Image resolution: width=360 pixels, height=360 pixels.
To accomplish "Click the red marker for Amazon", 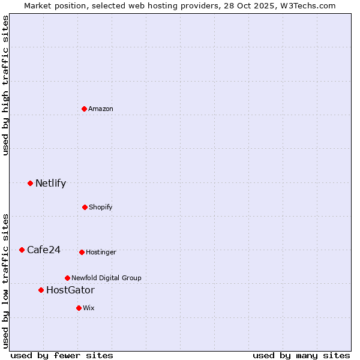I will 85,109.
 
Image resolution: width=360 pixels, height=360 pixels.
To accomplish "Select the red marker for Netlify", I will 30,183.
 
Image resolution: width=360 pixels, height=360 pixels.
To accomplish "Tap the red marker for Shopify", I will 85,207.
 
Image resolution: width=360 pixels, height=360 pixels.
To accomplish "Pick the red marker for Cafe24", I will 22,250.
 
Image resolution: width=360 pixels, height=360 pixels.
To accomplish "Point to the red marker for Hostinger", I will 82,252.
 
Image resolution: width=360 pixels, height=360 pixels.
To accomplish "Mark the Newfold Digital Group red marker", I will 67,278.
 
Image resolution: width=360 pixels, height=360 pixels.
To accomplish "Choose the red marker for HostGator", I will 41,290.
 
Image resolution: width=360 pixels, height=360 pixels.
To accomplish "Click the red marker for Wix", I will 79,308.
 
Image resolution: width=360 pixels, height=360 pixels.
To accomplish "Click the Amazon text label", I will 101,109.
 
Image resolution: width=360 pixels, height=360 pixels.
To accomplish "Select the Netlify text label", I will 50,184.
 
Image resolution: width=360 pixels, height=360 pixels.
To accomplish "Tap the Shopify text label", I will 101,207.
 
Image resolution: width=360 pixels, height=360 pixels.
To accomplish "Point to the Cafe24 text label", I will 44,250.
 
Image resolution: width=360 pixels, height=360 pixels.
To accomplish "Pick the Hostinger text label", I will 101,252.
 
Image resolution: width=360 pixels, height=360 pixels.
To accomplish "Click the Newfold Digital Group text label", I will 107,278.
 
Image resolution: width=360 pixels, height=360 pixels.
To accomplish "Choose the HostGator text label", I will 70,290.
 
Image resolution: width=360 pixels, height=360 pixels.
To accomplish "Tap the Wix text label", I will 89,308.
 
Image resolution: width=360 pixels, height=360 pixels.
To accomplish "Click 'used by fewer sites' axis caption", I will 62,355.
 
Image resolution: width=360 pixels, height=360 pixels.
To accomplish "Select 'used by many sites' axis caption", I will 301,355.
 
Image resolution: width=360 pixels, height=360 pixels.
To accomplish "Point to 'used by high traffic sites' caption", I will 5,85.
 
